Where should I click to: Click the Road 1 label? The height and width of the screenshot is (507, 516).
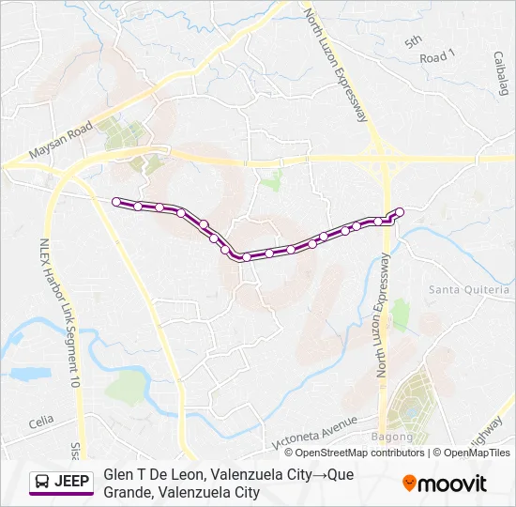(x=437, y=57)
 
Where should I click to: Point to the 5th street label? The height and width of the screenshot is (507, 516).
(x=414, y=41)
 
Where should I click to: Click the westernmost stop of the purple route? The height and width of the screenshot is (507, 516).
(x=116, y=201)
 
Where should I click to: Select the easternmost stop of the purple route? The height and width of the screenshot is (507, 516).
(x=400, y=211)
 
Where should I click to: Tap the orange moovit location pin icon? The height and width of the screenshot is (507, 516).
(x=409, y=484)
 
